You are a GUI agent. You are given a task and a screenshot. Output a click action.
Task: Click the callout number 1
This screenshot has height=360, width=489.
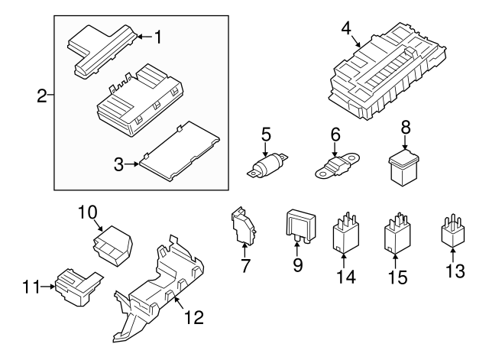pyautogui.click(x=159, y=36)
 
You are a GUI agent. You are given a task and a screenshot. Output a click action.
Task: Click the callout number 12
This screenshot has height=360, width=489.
pyautogui.click(x=194, y=316)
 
